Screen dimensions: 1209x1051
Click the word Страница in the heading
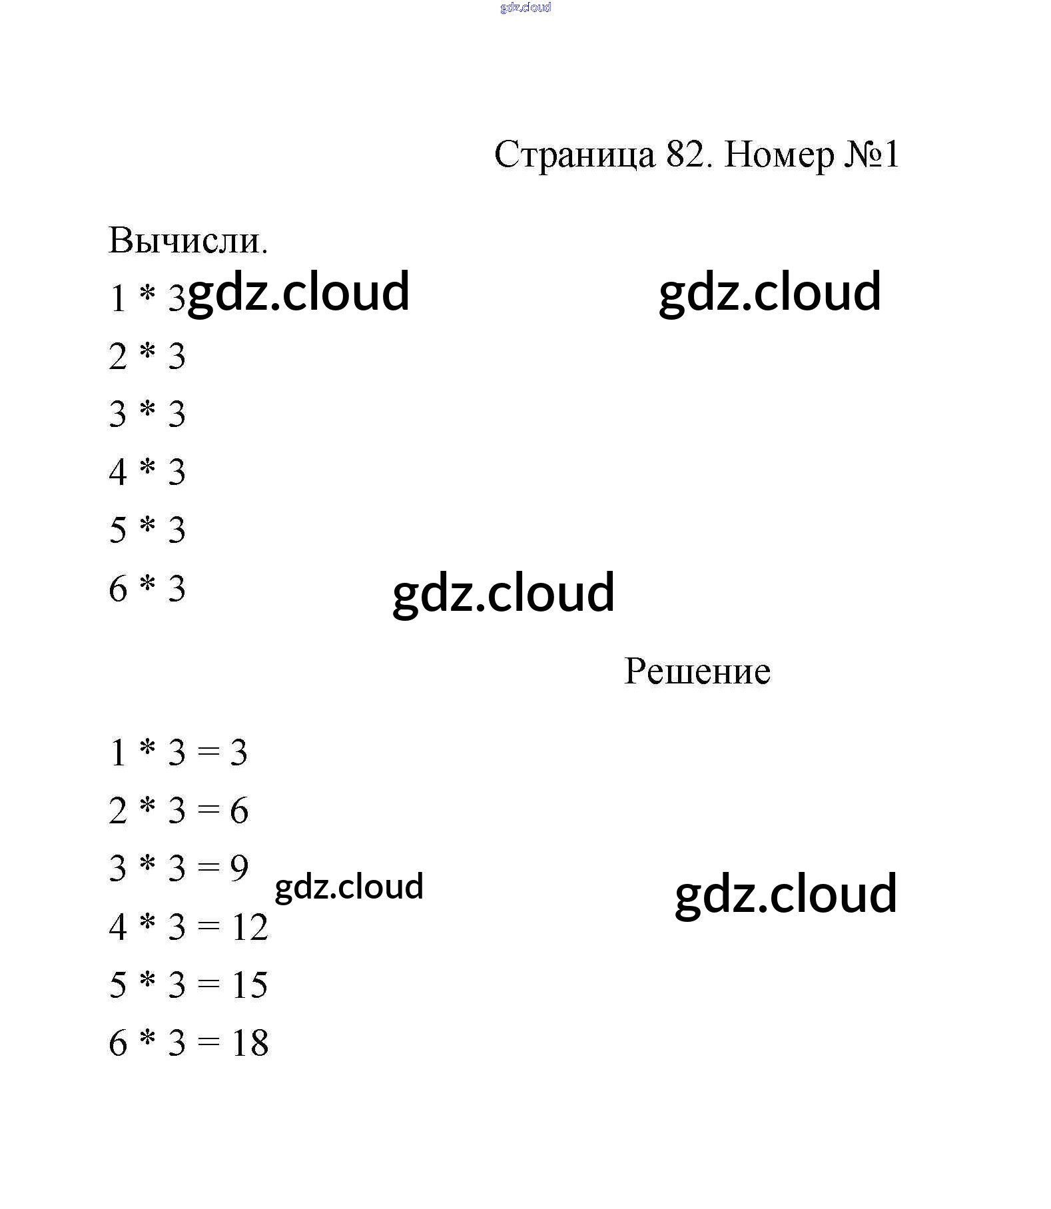click(574, 156)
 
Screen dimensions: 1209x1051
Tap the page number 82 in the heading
click(685, 155)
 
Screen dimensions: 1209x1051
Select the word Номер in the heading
click(778, 155)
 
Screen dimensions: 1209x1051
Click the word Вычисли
click(188, 240)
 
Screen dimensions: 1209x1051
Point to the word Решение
click(697, 671)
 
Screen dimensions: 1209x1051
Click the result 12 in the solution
click(250, 927)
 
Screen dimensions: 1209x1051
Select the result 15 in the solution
click(250, 985)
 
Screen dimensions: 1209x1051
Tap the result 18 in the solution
click(250, 1042)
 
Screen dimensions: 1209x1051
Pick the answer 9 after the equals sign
click(239, 868)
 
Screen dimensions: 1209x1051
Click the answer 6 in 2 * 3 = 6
click(239, 811)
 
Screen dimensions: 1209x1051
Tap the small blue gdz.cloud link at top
click(525, 7)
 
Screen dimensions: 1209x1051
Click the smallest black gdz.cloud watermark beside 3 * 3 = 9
click(349, 887)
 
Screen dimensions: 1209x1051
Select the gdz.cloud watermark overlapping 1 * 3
click(298, 292)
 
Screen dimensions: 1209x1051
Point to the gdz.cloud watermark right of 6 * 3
click(504, 592)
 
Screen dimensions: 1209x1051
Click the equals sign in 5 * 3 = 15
click(208, 985)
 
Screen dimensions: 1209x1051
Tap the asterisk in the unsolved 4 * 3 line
click(147, 469)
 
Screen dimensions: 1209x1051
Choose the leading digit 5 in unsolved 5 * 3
click(118, 530)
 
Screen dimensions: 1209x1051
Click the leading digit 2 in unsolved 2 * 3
click(118, 356)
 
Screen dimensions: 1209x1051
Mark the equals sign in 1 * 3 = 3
click(208, 753)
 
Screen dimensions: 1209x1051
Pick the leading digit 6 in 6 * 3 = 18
click(118, 1042)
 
